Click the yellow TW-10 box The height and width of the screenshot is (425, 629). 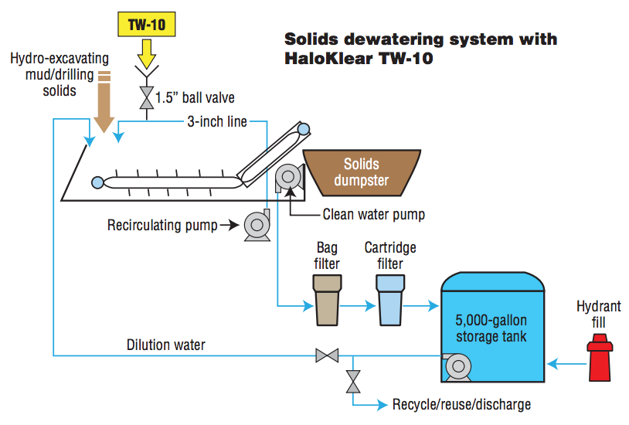(x=146, y=25)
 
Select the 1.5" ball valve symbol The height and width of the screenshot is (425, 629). (x=145, y=98)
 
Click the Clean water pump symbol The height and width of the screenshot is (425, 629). (x=289, y=177)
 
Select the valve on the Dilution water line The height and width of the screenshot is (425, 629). (x=328, y=356)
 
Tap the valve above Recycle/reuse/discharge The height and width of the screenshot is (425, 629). (x=353, y=381)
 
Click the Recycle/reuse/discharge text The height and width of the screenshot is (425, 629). (x=461, y=404)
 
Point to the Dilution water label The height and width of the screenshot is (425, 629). (x=166, y=345)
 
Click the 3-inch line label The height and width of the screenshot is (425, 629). (x=217, y=121)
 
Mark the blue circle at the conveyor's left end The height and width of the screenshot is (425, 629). (x=97, y=182)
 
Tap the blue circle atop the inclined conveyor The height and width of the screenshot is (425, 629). (x=303, y=129)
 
